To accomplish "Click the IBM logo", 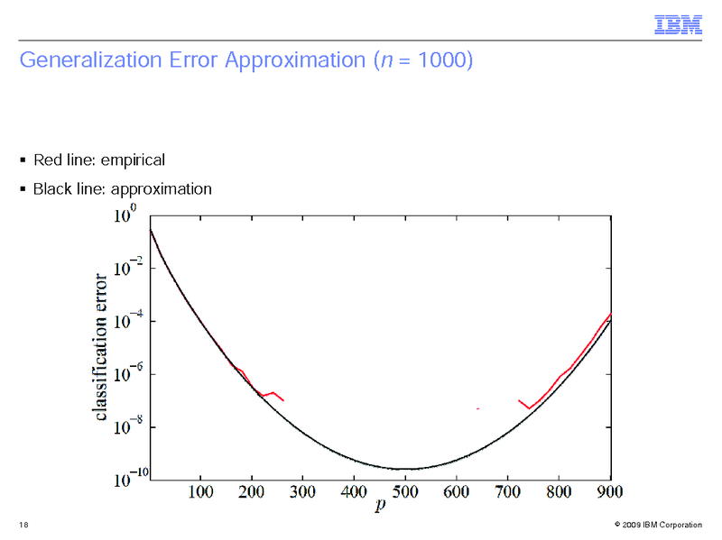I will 677,26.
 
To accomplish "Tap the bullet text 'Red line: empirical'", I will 98,160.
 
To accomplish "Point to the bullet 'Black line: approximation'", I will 122,189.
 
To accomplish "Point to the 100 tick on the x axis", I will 200,491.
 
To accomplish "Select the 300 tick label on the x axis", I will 303,491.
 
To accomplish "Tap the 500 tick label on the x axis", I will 405,491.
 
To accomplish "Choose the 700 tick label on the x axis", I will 508,491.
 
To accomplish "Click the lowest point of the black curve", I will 405,469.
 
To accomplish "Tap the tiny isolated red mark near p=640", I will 477,409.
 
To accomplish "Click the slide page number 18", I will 22,525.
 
